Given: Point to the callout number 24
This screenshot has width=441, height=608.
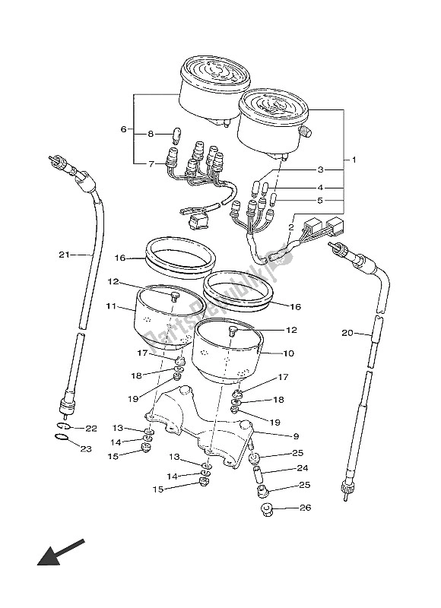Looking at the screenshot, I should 302,468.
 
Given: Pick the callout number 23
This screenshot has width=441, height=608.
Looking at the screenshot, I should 84,449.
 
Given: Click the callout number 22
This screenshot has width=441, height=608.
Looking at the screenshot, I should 91,429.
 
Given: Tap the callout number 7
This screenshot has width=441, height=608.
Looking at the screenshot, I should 151,163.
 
